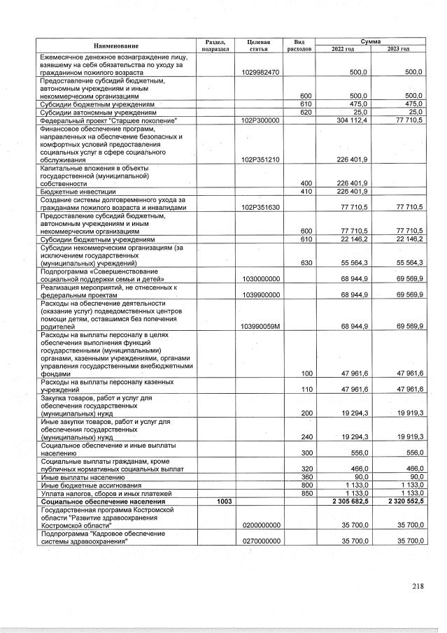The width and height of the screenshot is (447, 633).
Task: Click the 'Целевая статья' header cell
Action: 259,45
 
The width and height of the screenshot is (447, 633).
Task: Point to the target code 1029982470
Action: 260,72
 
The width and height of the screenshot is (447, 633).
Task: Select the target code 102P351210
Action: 260,159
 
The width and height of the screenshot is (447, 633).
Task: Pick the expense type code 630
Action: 305,263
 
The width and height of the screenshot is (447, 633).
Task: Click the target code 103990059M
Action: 260,326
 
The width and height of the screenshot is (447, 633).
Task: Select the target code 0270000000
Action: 260,541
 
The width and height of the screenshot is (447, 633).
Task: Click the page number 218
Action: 418,587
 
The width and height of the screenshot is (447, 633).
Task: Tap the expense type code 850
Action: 305,494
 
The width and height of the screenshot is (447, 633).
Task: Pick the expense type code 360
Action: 305,477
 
